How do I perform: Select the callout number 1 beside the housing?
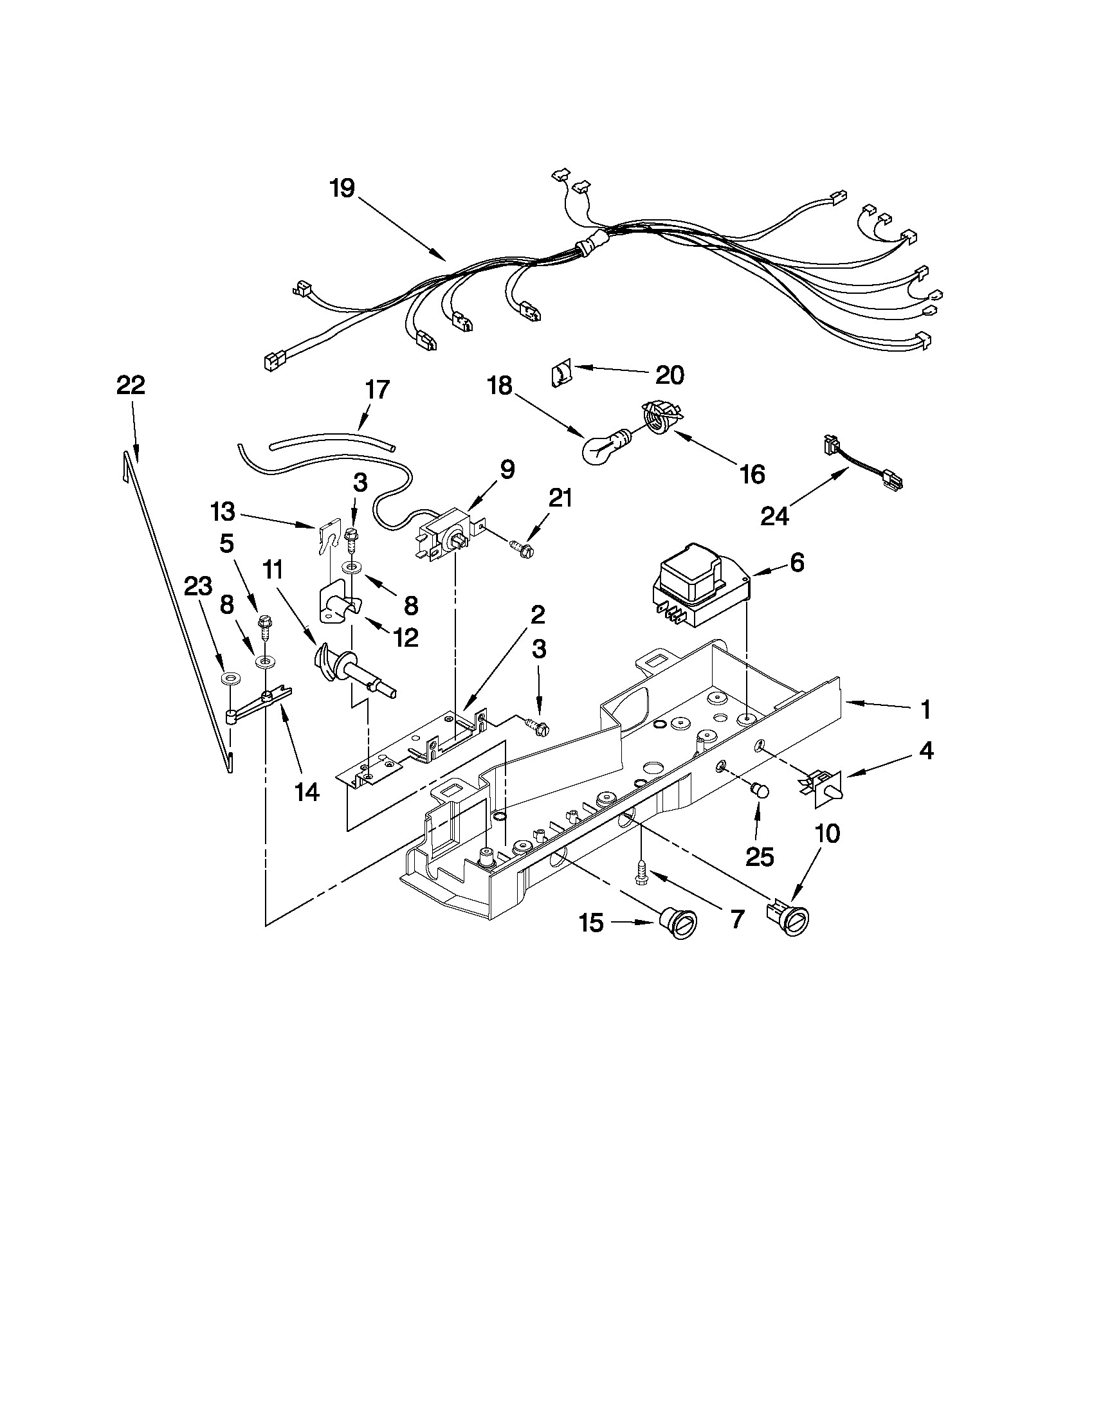click(925, 710)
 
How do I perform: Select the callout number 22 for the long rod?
click(131, 386)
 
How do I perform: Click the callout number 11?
click(272, 570)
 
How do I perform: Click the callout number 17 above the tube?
click(377, 390)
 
